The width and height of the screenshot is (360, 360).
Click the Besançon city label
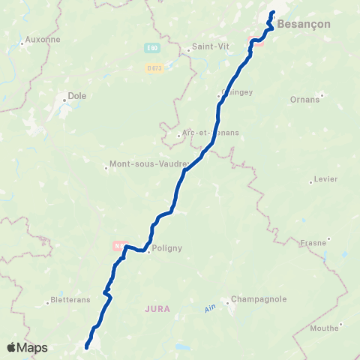pos(302,24)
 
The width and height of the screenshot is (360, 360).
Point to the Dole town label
pos(77,95)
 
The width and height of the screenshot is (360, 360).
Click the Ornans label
pos(304,98)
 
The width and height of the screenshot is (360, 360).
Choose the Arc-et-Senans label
pos(211,133)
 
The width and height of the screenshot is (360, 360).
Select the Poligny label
pos(167,247)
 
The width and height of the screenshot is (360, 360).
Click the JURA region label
pos(158,308)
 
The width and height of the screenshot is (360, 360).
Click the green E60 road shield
pos(151,47)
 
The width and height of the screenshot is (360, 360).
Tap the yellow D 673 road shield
pos(154,67)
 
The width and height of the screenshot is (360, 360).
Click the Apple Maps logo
pos(27,347)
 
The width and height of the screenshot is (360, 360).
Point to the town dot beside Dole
pos(65,97)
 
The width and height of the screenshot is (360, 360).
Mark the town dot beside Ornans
pos(321,94)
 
